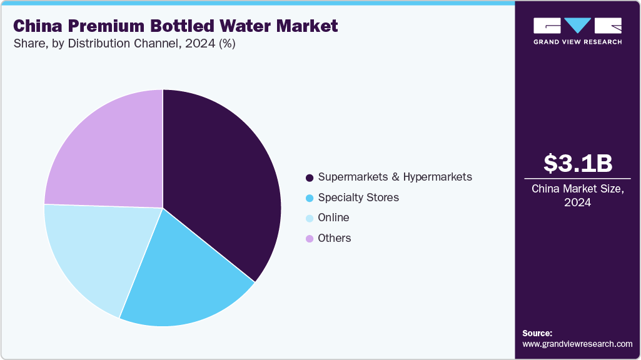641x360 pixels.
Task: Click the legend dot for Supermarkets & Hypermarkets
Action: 310,177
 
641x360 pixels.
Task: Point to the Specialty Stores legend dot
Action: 310,198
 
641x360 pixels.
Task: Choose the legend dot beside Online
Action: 310,218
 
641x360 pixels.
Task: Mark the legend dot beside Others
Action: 310,239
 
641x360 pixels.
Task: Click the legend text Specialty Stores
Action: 358,197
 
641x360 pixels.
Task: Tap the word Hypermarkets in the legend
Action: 437,177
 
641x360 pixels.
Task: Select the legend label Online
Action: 333,217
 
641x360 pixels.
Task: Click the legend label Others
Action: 335,238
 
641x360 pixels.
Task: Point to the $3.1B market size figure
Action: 577,163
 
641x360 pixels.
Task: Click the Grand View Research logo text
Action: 577,42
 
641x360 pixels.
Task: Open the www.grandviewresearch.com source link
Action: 577,344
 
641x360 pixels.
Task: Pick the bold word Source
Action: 537,333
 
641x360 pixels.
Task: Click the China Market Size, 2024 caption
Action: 577,195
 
